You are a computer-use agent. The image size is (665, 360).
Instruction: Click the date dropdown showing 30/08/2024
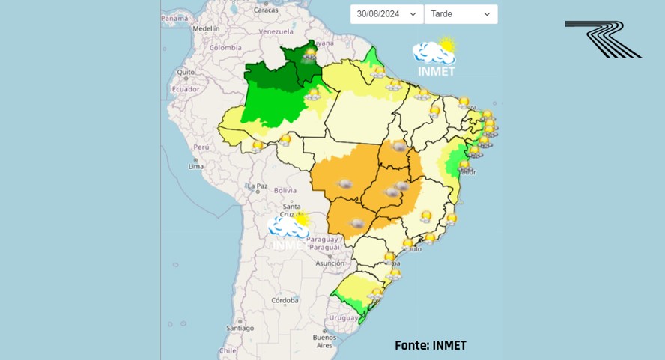tap(386, 14)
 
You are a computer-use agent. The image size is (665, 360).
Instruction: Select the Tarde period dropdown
tap(461, 14)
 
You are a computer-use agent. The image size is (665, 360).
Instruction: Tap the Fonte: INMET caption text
tap(430, 345)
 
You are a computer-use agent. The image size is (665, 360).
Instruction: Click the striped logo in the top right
tap(603, 39)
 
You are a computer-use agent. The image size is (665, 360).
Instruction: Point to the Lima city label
tap(195, 165)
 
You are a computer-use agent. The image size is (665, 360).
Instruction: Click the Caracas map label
tap(265, 10)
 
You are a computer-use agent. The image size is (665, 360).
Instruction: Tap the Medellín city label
tap(206, 28)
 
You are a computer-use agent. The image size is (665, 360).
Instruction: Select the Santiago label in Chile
tap(240, 328)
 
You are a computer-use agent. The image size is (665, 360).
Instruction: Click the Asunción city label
tap(330, 263)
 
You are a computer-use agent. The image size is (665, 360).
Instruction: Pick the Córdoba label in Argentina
tap(285, 300)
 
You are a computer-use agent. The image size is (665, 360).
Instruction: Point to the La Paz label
tap(258, 186)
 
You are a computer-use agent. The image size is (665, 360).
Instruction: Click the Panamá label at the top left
tap(174, 18)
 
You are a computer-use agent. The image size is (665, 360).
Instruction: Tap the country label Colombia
tap(225, 47)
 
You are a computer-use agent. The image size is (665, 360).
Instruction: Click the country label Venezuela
tap(275, 32)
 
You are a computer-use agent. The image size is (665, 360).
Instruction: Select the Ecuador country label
tap(186, 89)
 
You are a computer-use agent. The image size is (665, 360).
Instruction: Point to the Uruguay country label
tap(345, 317)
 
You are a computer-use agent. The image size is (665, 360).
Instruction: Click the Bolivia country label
tap(285, 190)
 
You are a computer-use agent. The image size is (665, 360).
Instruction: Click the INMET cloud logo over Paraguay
tap(289, 231)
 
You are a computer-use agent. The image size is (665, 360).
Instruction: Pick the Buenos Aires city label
tap(324, 341)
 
